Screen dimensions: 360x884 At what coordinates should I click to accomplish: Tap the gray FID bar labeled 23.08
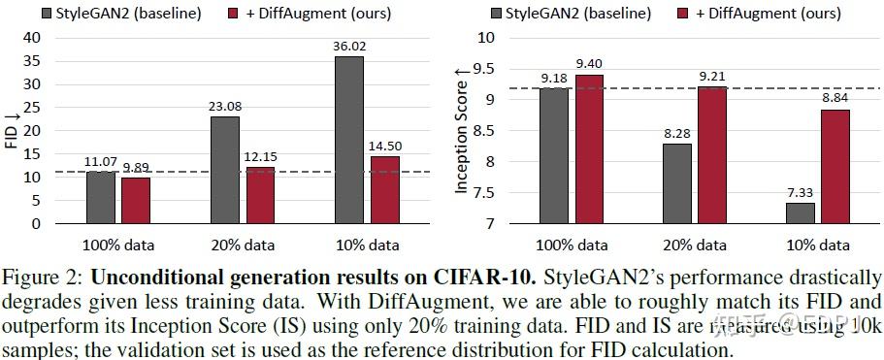[226, 170]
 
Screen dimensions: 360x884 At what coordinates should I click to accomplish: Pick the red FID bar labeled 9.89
[137, 200]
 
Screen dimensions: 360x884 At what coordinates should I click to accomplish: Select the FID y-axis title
[13, 130]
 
